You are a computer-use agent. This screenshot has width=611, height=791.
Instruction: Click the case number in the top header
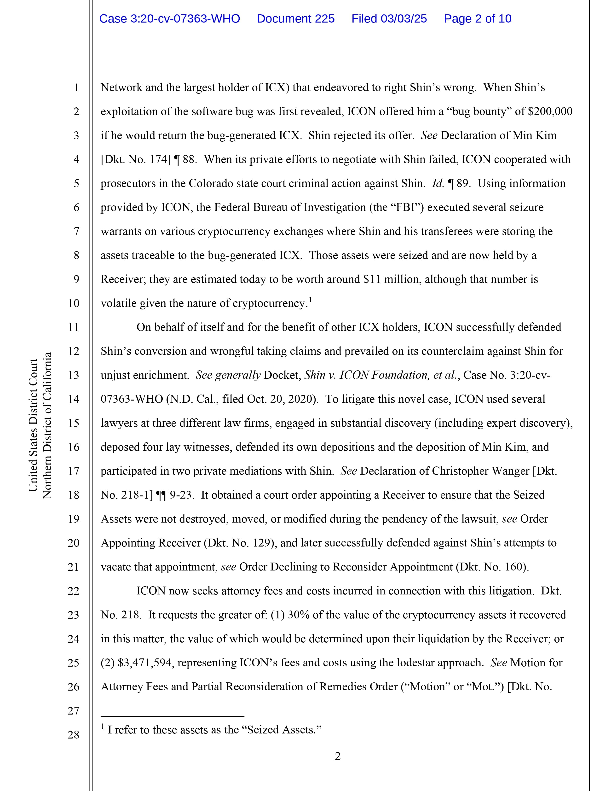pos(169,19)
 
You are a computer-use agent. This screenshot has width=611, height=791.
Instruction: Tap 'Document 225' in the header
pos(295,19)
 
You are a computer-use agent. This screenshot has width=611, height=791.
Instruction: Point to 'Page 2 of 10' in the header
pos(478,19)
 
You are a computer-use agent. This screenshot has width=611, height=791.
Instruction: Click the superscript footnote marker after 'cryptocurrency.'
pos(310,300)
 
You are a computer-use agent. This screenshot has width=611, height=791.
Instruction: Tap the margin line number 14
pos(74,399)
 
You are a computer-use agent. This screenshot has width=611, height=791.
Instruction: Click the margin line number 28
pos(74,734)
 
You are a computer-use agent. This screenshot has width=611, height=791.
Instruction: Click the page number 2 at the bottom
pos(338,756)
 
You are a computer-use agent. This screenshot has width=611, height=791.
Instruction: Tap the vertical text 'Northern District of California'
pos(47,425)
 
